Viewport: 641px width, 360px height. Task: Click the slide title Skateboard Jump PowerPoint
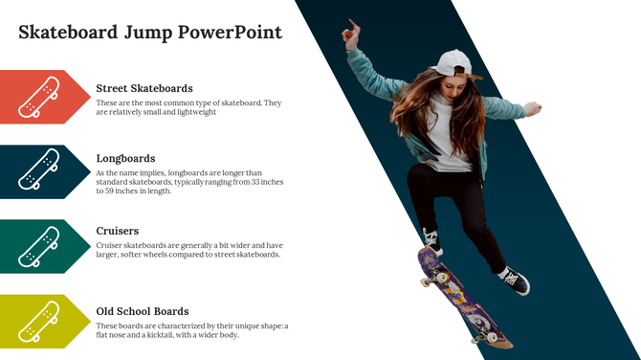pos(150,33)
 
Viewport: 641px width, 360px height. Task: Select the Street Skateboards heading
pos(144,88)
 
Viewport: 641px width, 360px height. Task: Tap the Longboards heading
pos(125,158)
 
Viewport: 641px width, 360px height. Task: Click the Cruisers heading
pos(118,231)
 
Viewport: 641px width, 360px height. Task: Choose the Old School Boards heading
pos(143,311)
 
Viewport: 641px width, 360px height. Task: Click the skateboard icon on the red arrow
pos(39,97)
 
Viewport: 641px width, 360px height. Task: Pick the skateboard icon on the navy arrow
pos(39,171)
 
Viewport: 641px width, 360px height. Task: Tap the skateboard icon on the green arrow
pos(39,246)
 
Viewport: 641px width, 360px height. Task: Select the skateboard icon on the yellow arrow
pos(39,321)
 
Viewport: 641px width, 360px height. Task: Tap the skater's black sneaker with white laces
pos(515,281)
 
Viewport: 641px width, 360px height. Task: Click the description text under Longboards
pos(189,182)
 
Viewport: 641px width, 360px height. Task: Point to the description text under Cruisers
pos(188,250)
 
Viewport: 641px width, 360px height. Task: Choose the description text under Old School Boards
pos(191,330)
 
